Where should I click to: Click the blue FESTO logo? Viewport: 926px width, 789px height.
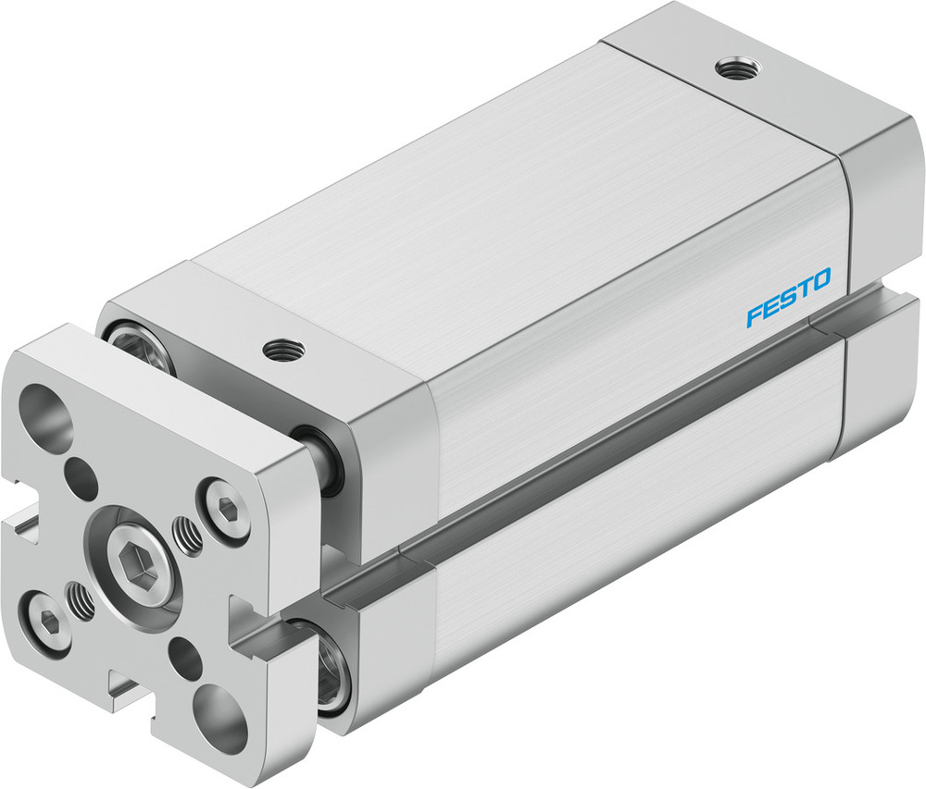(789, 298)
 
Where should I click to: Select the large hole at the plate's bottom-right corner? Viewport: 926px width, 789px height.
(221, 718)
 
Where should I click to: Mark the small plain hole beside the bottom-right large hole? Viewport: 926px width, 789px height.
(186, 658)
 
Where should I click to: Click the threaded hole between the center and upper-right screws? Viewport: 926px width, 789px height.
(188, 536)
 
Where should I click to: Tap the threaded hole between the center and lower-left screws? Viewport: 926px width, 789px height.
(82, 603)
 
